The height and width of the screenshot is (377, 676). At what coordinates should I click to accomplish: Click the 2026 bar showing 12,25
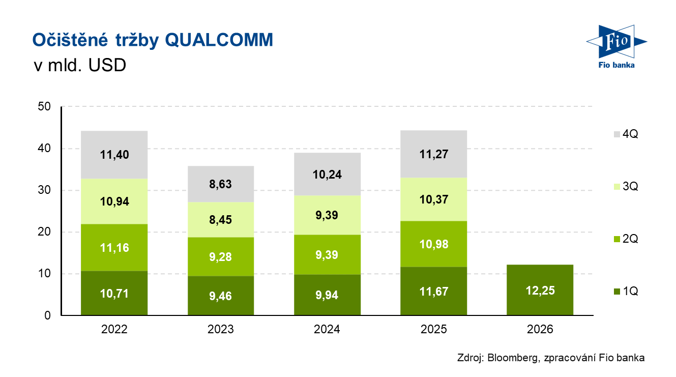point(540,290)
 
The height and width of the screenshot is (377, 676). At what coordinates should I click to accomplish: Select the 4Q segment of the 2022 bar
point(114,155)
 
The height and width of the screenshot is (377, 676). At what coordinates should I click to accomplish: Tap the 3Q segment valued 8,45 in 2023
point(220,220)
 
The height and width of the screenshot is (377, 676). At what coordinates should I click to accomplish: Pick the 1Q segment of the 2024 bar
point(327,295)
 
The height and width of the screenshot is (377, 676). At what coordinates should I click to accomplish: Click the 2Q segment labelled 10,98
point(434,244)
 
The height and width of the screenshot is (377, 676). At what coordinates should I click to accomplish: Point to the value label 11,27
point(434,154)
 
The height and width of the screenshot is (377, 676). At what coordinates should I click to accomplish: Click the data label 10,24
point(327,175)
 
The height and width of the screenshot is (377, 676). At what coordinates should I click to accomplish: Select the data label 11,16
point(114,248)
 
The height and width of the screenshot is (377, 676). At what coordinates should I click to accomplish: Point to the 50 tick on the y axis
point(44,107)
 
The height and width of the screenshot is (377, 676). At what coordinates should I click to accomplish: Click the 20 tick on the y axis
point(44,232)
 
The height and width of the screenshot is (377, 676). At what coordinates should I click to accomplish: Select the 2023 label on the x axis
point(220,329)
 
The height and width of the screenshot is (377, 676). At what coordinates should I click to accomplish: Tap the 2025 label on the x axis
point(434,329)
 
